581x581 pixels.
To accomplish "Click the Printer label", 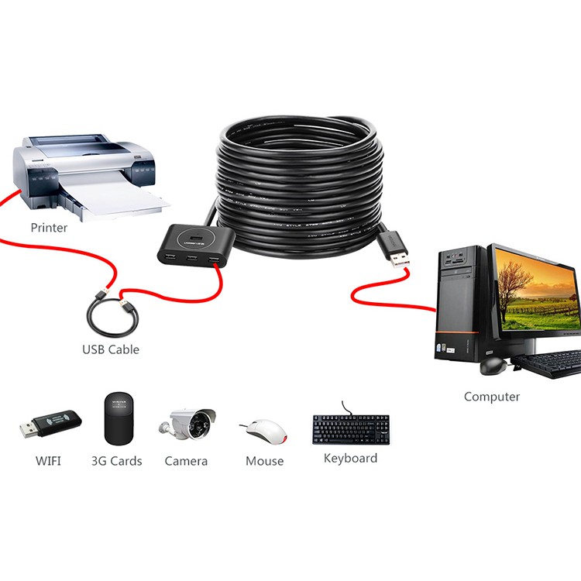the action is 49,228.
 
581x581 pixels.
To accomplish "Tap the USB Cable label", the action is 111,349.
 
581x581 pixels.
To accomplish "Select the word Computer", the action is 492,397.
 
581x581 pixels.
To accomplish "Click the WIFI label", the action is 48,461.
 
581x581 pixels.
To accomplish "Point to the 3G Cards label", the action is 117,461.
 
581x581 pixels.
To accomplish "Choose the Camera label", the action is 186,461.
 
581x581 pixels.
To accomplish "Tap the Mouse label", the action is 265,461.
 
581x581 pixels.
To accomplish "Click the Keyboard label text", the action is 351,458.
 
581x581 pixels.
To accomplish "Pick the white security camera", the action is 190,424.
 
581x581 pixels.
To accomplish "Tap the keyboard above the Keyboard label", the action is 351,429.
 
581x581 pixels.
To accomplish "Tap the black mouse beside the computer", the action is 491,365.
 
